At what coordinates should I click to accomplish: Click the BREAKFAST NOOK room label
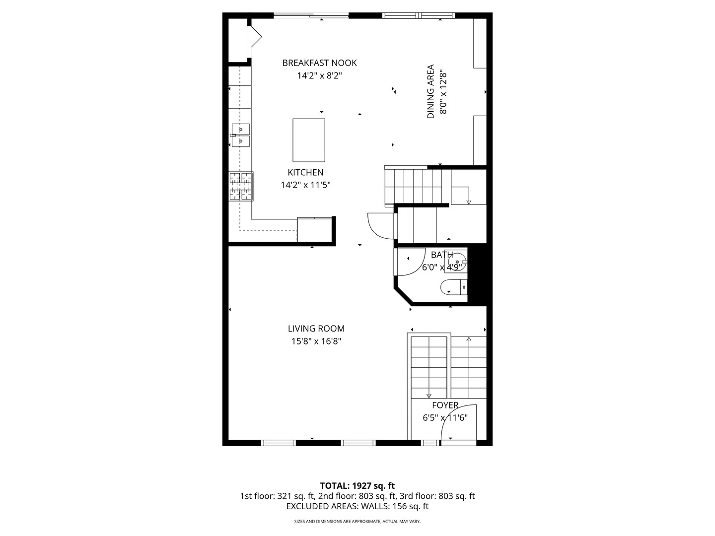(319, 63)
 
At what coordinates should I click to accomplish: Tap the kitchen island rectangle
(308, 140)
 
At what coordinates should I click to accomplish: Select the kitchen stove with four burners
(241, 186)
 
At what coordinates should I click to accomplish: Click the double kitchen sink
(240, 135)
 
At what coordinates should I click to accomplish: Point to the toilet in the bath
(453, 287)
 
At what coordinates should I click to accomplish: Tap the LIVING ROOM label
(316, 329)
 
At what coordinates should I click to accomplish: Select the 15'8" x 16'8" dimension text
(316, 341)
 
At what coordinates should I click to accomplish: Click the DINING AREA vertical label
(430, 91)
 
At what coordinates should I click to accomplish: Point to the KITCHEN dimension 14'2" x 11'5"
(305, 185)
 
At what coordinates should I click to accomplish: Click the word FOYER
(445, 405)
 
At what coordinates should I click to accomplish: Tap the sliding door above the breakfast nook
(311, 15)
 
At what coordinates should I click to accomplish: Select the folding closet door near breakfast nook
(256, 37)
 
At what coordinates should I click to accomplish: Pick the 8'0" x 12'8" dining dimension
(443, 91)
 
